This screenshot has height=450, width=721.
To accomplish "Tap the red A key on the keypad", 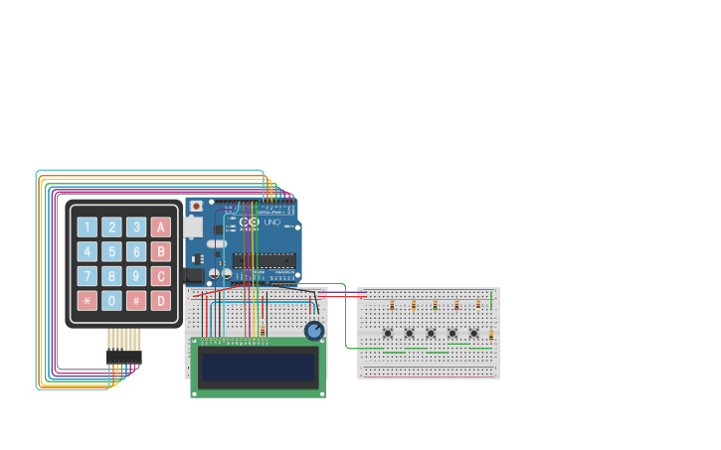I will pyautogui.click(x=160, y=227).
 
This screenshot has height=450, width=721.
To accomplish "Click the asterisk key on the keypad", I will pyautogui.click(x=88, y=300).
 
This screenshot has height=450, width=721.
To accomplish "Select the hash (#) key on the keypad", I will pyautogui.click(x=136, y=300).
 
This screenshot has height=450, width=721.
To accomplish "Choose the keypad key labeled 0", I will pyautogui.click(x=111, y=300).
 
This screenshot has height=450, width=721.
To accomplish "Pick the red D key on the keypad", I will pyautogui.click(x=160, y=300).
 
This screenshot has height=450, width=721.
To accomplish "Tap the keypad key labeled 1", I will pyautogui.click(x=88, y=227).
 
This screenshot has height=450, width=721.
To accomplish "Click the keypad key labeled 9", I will pyautogui.click(x=136, y=276).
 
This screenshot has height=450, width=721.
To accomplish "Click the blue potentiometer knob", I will pyautogui.click(x=314, y=331).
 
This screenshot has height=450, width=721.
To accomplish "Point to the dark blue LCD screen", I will pyautogui.click(x=259, y=368).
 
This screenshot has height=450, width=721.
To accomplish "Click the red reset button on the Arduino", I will pyautogui.click(x=196, y=206).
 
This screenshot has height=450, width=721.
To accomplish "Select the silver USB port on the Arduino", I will pyautogui.click(x=193, y=227).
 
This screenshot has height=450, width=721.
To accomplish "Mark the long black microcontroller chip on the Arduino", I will pyautogui.click(x=264, y=260).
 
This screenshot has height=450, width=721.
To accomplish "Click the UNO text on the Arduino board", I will pyautogui.click(x=271, y=224).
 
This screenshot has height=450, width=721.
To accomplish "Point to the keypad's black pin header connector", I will pyautogui.click(x=123, y=356).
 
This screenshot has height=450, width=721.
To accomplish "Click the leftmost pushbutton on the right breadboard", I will pyautogui.click(x=387, y=333).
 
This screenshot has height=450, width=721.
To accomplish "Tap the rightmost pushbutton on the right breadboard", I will pyautogui.click(x=473, y=333).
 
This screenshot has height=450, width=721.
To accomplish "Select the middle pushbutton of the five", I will pyautogui.click(x=431, y=333).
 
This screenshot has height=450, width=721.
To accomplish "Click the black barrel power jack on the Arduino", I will pyautogui.click(x=195, y=275).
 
